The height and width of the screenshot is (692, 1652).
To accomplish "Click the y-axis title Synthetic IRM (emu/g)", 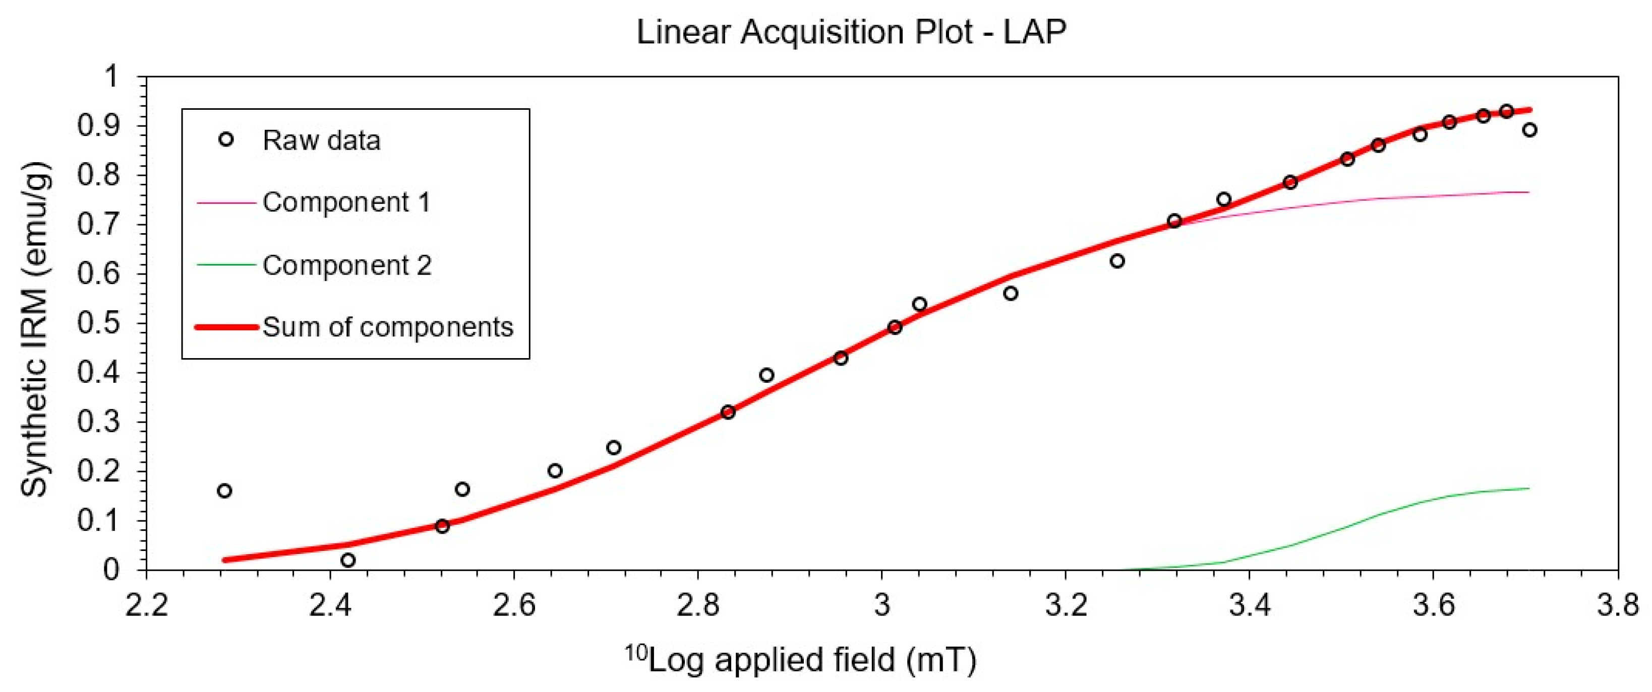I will [35, 330].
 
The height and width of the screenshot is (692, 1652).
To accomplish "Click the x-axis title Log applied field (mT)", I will [802, 660].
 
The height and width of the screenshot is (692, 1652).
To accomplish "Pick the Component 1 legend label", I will [346, 202].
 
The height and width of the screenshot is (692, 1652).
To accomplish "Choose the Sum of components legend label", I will [387, 327].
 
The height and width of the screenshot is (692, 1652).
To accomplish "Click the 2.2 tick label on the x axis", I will [147, 605].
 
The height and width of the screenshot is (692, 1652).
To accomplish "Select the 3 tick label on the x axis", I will [882, 605].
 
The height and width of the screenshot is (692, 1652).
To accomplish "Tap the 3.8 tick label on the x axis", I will [1617, 605].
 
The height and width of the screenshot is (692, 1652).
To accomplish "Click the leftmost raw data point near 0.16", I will [224, 491].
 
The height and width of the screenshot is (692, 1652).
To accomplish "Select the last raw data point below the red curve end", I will [1529, 130].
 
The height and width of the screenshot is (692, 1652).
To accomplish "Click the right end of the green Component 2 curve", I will [1529, 488].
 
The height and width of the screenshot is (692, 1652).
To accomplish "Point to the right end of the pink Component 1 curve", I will [1529, 192].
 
